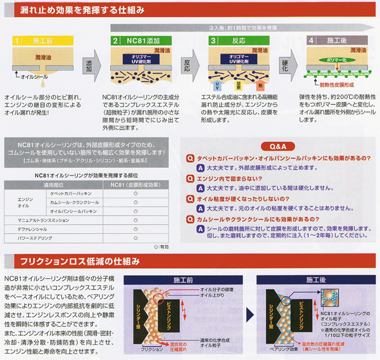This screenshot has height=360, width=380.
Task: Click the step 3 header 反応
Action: (234, 41)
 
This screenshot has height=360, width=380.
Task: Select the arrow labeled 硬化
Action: (284, 65)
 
